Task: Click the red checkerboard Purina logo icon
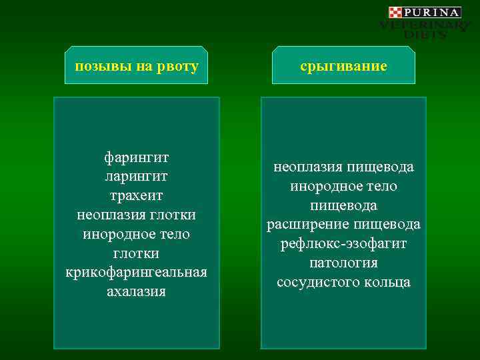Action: (x=395, y=12)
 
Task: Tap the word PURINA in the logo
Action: (x=431, y=12)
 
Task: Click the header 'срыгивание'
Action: (x=343, y=67)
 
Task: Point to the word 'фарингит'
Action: (x=136, y=157)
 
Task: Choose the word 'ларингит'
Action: (x=136, y=177)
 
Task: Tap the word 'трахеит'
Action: (x=136, y=196)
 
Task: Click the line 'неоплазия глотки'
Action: (x=136, y=215)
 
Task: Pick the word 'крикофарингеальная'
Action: (x=136, y=273)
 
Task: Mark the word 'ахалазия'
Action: (x=136, y=292)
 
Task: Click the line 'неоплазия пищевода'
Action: (x=343, y=167)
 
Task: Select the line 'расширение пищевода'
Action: (x=343, y=224)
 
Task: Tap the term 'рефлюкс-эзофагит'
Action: (x=343, y=243)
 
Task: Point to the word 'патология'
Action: (x=343, y=263)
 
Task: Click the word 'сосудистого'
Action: (x=319, y=282)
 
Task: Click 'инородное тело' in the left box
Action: (x=136, y=235)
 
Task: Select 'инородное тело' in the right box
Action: (x=343, y=186)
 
